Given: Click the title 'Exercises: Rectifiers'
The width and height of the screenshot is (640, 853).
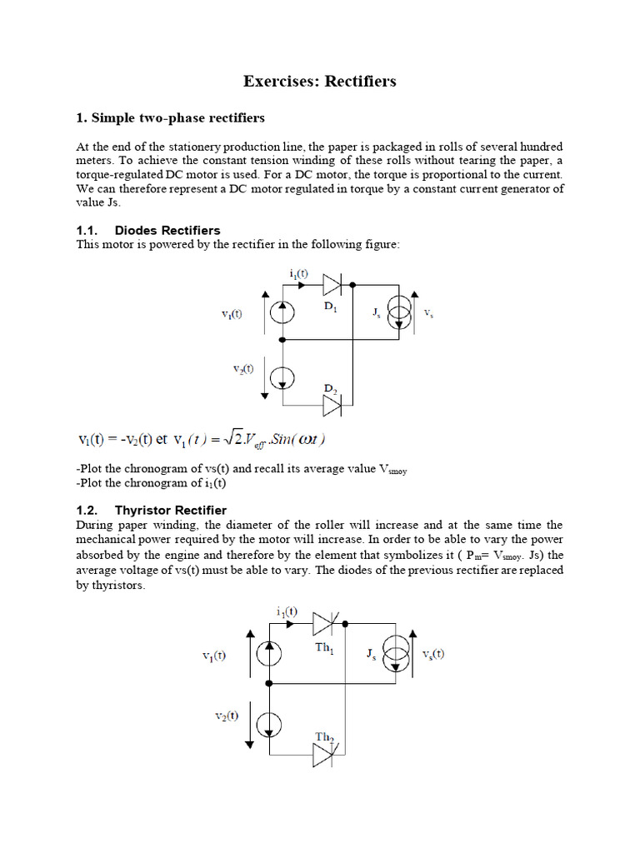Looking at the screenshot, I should point(319,81).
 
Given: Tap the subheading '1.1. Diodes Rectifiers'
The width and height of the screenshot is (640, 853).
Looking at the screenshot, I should point(147,230).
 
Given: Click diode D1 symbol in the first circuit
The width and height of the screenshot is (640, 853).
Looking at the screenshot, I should point(331,285).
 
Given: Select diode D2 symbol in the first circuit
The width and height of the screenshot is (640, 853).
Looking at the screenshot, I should point(331,406).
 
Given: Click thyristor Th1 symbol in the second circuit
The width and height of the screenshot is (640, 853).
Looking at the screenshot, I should point(324,623).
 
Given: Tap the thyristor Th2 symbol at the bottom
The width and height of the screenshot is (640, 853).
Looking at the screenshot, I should point(324,756).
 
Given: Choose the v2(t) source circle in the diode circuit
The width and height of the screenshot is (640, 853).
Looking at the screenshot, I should point(283,375).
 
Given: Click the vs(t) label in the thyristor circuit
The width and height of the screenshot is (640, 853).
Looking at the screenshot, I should point(433,654).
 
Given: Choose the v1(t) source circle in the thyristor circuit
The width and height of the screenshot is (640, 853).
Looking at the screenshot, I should point(270,655).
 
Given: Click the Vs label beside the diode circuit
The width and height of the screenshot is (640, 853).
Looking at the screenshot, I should point(428,314).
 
